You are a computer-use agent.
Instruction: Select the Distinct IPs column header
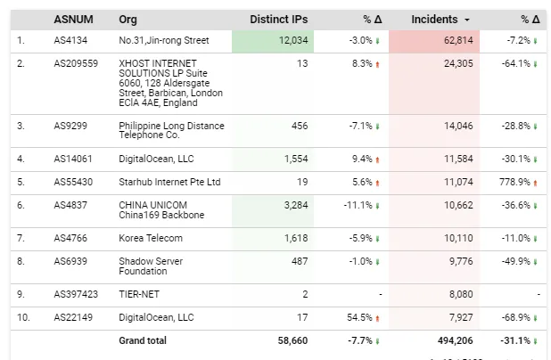[279, 19]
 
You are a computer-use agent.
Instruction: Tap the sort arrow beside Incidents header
[467, 20]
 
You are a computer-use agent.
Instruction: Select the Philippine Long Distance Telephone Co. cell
[171, 130]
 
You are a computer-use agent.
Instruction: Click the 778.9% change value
[514, 182]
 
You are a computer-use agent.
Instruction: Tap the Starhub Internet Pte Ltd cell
[169, 182]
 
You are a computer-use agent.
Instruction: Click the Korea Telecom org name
[152, 239]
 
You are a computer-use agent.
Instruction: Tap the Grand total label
[143, 340]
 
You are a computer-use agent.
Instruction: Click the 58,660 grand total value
[291, 340]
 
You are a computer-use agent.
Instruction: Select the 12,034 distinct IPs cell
[292, 40]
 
